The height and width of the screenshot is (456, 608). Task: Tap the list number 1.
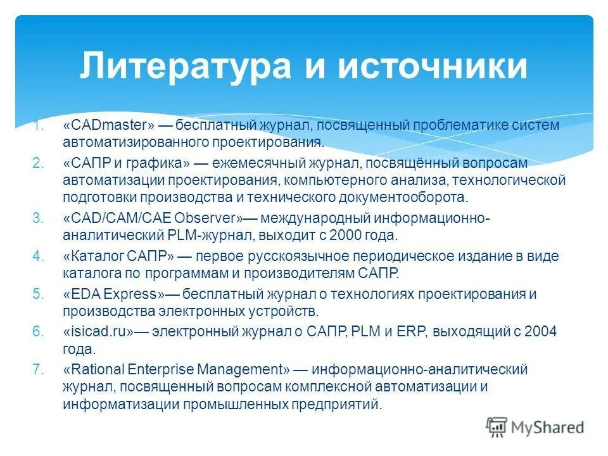[39, 125]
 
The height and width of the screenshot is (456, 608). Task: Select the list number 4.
[37, 256]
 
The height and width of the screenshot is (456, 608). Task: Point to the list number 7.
[37, 369]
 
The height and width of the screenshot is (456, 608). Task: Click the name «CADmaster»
[108, 125]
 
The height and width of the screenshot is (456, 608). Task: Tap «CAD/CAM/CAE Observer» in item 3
[153, 218]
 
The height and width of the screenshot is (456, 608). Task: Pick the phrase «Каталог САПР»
[118, 256]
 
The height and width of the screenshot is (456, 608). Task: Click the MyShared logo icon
[497, 427]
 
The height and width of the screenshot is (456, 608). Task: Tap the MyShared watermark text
[548, 427]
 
